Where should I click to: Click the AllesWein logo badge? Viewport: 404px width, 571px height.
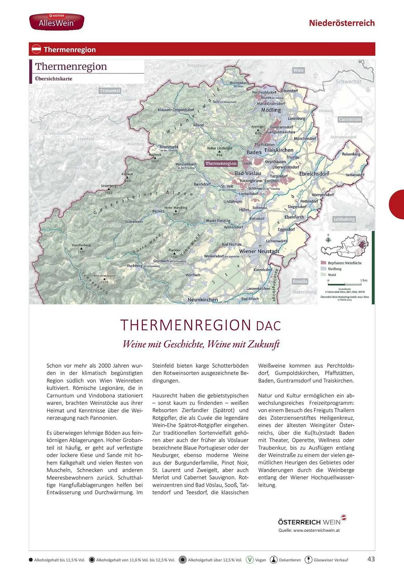57,22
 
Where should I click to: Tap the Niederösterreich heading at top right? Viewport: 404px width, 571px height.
342,23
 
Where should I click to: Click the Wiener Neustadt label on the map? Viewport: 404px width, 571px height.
259,251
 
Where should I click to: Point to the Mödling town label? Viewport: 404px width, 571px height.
271,110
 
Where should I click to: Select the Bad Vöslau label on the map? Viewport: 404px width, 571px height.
247,173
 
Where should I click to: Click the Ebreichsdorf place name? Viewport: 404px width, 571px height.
314,174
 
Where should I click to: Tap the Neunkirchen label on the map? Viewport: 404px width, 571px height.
203,300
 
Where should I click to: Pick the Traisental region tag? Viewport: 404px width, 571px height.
110,91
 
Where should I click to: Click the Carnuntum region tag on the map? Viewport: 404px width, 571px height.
350,119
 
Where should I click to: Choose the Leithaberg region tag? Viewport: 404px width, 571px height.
344,219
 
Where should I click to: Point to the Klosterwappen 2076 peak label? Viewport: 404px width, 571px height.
105,278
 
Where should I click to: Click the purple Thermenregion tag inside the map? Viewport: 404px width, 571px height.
221,163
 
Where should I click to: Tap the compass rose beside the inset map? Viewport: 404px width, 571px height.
328,240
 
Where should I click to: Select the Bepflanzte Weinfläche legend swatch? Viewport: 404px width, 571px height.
323,263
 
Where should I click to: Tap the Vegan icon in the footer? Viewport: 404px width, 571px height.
250,560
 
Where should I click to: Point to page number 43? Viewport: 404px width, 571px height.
371,559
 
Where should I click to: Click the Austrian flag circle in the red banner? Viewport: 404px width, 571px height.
36,49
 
